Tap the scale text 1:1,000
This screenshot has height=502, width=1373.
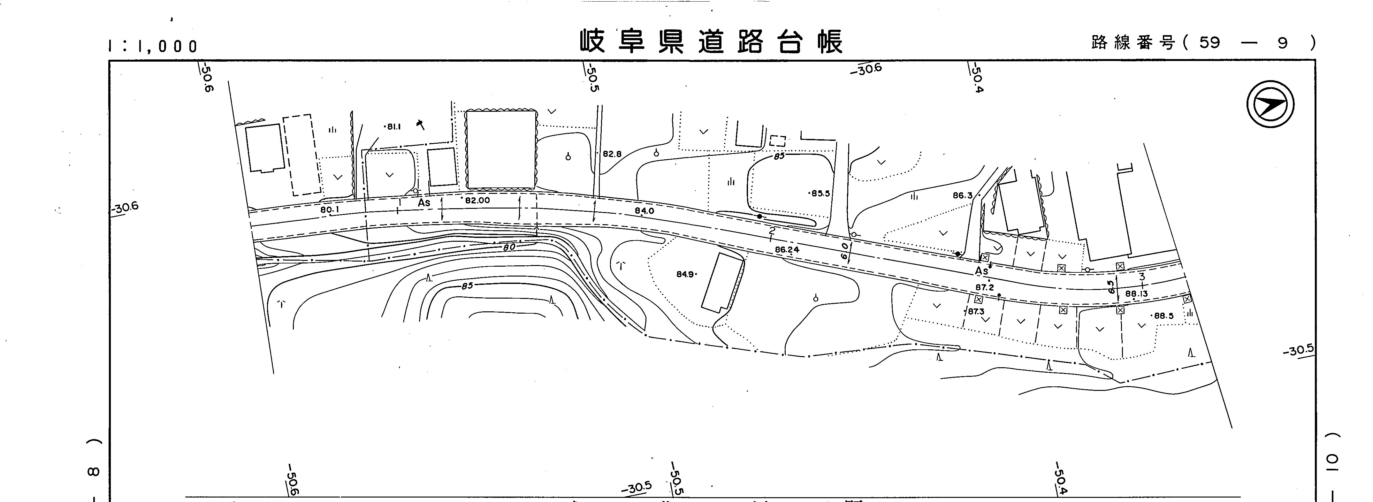(153, 46)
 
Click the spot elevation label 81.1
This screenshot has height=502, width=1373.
(393, 127)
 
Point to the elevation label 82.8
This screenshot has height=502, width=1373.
(612, 154)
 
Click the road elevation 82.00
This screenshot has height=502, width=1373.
(477, 200)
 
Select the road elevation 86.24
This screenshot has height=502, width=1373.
(787, 249)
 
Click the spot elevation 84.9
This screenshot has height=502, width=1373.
(685, 274)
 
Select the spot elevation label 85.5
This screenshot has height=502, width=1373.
(820, 194)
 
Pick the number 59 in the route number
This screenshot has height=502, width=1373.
(1209, 43)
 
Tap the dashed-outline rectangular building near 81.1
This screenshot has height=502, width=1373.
(302, 155)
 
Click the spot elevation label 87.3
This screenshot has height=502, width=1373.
(976, 312)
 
